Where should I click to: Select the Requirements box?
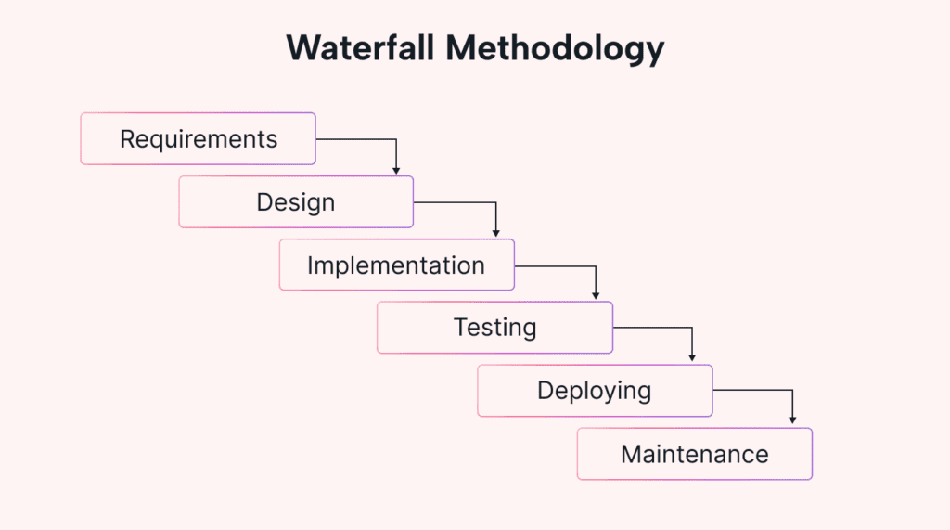[198, 138]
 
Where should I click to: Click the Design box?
[296, 201]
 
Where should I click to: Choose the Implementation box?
[396, 265]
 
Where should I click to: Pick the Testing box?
[494, 328]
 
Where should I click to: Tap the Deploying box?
[595, 391]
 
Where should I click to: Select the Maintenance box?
[694, 454]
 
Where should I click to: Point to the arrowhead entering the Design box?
[396, 171]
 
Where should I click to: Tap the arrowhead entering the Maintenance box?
[792, 421]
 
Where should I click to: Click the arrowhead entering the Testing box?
[595, 296]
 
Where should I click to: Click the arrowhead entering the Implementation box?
[495, 233]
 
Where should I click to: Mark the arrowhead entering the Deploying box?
[692, 358]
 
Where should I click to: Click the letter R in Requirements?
[127, 139]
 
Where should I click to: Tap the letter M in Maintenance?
[631, 455]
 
